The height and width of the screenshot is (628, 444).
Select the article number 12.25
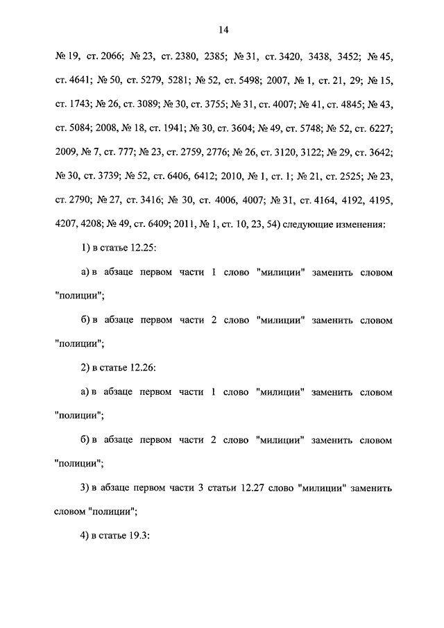[140, 248]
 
